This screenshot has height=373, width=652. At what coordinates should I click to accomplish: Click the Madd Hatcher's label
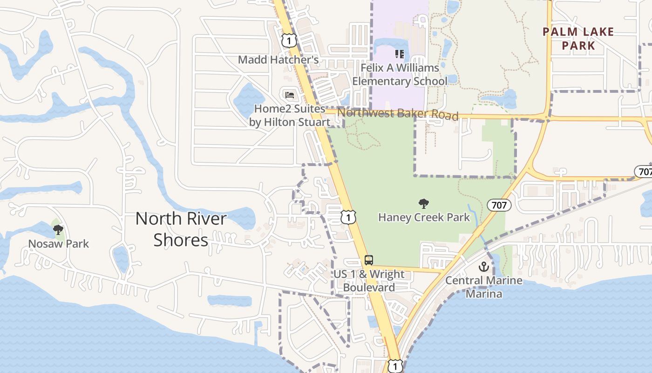(278, 60)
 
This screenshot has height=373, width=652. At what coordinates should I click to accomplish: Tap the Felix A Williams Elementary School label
(400, 75)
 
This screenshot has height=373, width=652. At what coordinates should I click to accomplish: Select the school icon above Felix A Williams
(399, 55)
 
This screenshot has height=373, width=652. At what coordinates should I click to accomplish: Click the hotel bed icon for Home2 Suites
(290, 95)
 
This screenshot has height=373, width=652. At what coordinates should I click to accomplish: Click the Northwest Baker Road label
(398, 113)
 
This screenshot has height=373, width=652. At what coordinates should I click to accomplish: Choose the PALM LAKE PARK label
(578, 39)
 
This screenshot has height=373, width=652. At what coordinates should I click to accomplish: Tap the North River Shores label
(181, 229)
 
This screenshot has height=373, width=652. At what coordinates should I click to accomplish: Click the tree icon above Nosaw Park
(58, 229)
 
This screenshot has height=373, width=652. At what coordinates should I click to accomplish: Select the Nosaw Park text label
(58, 243)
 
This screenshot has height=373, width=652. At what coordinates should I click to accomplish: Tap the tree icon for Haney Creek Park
(424, 203)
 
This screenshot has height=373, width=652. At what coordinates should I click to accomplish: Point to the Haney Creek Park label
(424, 217)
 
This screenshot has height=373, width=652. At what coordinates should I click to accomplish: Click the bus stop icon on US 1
(369, 260)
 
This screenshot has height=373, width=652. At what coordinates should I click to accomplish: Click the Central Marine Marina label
(484, 287)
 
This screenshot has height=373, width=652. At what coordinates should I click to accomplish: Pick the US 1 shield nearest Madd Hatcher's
(289, 41)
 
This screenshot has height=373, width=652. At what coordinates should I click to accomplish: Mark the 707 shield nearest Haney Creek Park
(499, 205)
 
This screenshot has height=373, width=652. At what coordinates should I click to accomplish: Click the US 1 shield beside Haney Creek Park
(348, 217)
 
